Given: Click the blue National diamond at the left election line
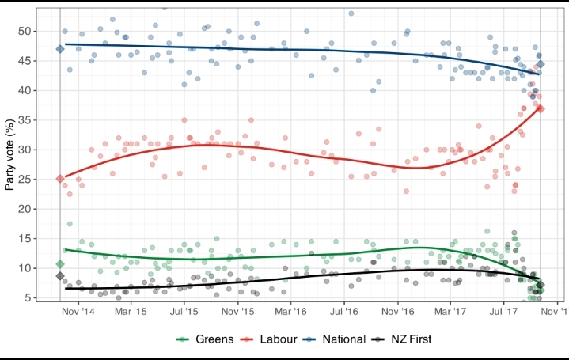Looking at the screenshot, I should click(60, 49).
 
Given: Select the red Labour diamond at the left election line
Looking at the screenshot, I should click(60, 179).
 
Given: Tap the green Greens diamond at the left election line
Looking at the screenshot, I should click(60, 263).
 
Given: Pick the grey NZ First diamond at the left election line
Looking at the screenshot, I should click(60, 275).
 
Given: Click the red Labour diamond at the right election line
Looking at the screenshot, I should click(541, 108).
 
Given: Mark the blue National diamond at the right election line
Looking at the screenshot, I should click(541, 64).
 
